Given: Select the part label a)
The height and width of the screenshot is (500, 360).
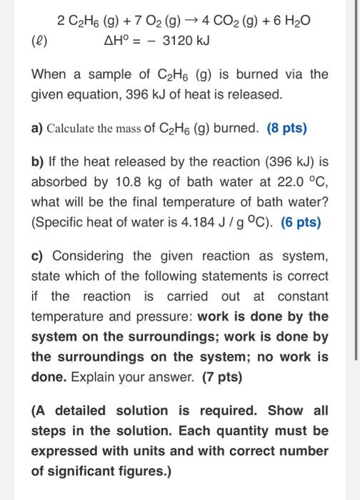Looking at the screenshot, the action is coord(37,129).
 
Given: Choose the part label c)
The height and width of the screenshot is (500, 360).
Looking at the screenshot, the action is coord(37,256).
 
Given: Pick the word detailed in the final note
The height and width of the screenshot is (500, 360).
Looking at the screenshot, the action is coord(80,410).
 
